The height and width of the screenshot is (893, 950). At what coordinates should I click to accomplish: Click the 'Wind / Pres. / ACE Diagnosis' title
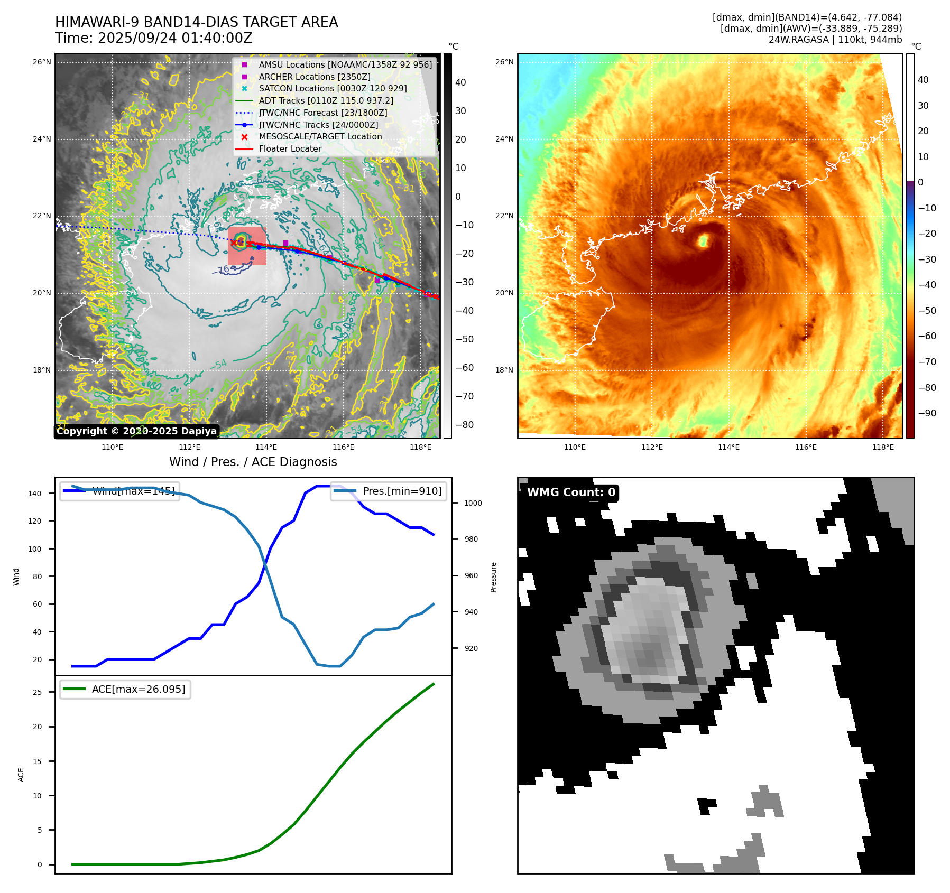pyautogui.click(x=253, y=462)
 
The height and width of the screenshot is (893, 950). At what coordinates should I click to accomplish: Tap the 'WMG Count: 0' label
pyautogui.click(x=571, y=492)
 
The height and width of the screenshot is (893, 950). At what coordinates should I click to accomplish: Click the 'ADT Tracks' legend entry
pyautogui.click(x=326, y=100)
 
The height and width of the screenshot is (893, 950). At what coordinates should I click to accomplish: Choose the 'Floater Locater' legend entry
pyautogui.click(x=290, y=149)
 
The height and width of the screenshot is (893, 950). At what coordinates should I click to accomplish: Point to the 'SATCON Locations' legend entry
pyautogui.click(x=333, y=89)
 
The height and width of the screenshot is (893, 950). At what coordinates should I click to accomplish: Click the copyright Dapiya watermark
pyautogui.click(x=136, y=431)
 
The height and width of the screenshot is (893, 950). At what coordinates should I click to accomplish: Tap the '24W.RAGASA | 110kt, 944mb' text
pyautogui.click(x=835, y=40)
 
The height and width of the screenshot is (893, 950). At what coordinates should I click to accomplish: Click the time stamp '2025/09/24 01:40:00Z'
pyautogui.click(x=174, y=39)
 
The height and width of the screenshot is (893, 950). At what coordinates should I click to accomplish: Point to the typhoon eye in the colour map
pyautogui.click(x=703, y=241)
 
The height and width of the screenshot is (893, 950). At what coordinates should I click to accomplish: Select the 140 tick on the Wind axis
pyautogui.click(x=35, y=494)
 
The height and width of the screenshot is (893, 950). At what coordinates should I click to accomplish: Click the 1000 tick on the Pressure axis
pyautogui.click(x=473, y=504)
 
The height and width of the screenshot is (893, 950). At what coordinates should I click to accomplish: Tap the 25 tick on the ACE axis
pyautogui.click(x=37, y=692)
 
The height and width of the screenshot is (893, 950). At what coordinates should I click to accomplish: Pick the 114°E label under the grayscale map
pyautogui.click(x=266, y=448)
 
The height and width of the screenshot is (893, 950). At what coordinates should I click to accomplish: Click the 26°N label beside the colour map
pyautogui.click(x=504, y=62)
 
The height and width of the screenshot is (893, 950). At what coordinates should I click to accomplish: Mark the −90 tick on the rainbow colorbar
pyautogui.click(x=927, y=413)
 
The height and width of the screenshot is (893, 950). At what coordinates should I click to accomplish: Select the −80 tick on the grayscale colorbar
pyautogui.click(x=465, y=425)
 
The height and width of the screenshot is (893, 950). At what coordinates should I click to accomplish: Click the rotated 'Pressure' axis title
pyautogui.click(x=494, y=577)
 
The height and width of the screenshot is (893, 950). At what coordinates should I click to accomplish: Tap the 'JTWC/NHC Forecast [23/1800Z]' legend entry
pyautogui.click(x=322, y=113)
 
